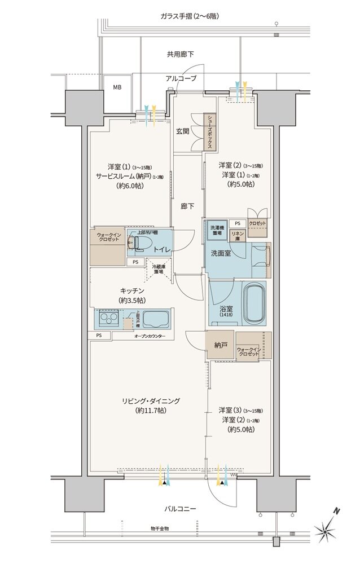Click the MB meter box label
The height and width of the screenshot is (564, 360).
pyautogui.click(x=117, y=87)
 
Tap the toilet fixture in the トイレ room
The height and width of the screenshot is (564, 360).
pyautogui.click(x=139, y=243)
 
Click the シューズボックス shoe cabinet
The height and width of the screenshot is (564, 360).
pyautogui.click(x=210, y=130)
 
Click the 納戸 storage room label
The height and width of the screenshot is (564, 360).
pyautogui.click(x=221, y=346)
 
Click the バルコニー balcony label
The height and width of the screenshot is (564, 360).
pyautogui.click(x=180, y=509)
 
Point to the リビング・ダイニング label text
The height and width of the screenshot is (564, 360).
pyautogui.click(x=151, y=401)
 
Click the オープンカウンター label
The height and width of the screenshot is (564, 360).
pyautogui.click(x=150, y=336)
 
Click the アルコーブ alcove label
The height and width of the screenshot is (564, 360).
pyautogui.click(x=181, y=78)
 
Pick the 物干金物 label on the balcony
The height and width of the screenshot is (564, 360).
pyautogui.click(x=160, y=528)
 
